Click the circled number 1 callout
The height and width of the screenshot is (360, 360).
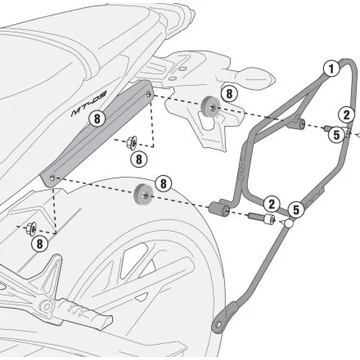click(x=331, y=69)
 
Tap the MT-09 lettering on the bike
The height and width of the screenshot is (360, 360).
click(x=88, y=104)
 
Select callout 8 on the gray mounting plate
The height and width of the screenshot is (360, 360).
click(x=97, y=119)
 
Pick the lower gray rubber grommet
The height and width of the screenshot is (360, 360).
click(x=143, y=193)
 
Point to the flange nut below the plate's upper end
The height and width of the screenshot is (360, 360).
click(x=131, y=143)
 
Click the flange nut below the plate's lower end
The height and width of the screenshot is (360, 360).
click(x=32, y=228)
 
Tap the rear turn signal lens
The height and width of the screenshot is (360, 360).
click(x=258, y=78)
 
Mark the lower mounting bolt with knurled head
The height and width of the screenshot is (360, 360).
click(x=263, y=218)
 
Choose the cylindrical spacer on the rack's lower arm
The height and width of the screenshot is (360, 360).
click(x=219, y=209)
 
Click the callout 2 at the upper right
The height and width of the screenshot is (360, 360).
click(x=347, y=115)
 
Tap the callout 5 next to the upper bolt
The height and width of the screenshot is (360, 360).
click(x=336, y=135)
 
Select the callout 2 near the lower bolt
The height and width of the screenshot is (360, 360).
click(x=272, y=204)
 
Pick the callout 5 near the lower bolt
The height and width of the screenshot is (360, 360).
click(x=296, y=210)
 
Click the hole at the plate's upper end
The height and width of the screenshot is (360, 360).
click(x=148, y=95)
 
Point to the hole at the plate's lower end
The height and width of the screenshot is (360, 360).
click(x=52, y=178)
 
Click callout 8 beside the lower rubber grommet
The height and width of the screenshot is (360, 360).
click(x=163, y=184)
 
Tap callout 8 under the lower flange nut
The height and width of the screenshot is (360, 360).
click(x=40, y=244)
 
